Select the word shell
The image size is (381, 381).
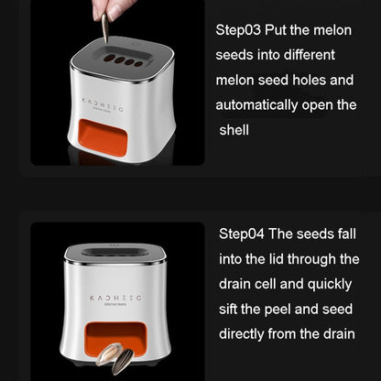(235, 129)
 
